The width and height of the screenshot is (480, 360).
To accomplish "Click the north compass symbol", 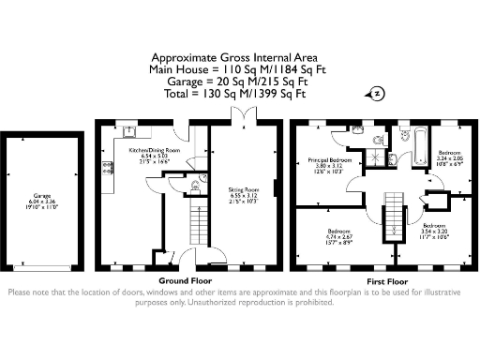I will [375, 93].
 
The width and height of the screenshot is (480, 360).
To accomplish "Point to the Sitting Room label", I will [245, 196].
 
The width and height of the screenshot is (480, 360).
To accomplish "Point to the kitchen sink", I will [128, 131].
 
